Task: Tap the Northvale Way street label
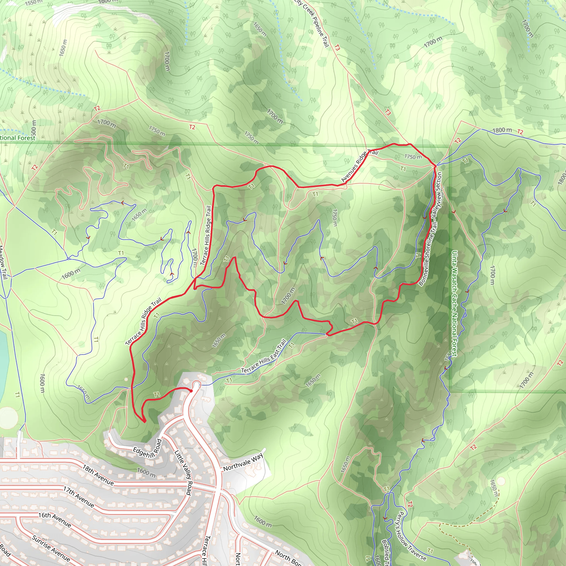point(243,463)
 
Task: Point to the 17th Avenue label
point(79,497)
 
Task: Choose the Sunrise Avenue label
point(51,548)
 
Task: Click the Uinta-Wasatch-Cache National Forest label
point(454,303)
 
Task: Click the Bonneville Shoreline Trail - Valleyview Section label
point(430,229)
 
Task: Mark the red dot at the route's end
point(191,391)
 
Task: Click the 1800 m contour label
point(502,130)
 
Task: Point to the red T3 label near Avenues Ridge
point(387,112)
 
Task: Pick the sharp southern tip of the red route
point(144,421)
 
